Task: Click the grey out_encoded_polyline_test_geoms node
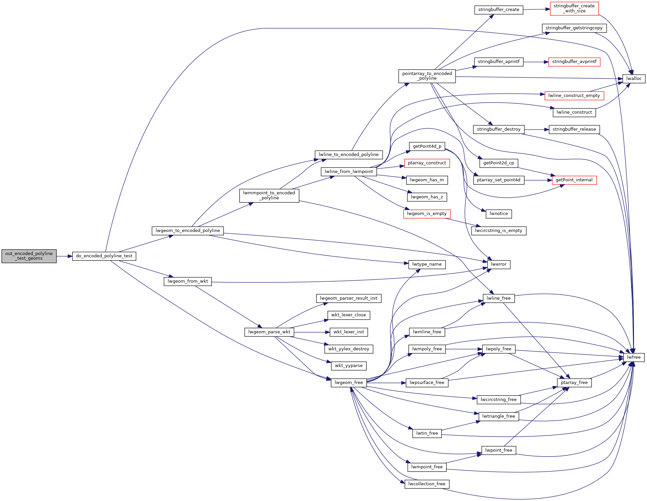pos(29,256)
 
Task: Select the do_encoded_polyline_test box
pos(104,256)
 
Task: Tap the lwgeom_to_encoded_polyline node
pos(188,231)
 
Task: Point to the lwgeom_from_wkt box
pos(188,281)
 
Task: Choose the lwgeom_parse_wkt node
pos(269,332)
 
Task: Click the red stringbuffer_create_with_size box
pos(574,8)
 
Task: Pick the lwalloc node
pos(634,79)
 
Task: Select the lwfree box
pos(634,357)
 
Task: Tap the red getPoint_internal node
pos(574,180)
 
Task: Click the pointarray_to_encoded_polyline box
pos(427,76)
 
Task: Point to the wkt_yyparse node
pos(349,366)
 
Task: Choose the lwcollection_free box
pos(427,484)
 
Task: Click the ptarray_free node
pos(574,383)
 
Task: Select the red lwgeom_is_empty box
pos(427,214)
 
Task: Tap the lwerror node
pos(499,264)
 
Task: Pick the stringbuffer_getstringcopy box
pos(574,28)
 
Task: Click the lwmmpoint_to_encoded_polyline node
pos(269,195)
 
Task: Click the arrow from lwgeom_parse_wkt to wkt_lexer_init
pos(312,332)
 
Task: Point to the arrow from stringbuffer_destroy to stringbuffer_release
pos(537,129)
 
